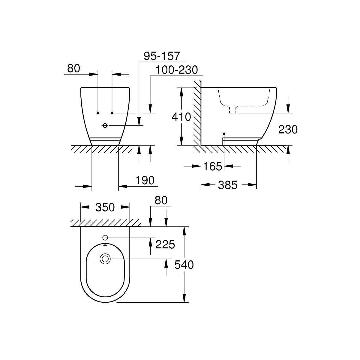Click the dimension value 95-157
pos(162,56)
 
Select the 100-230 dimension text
pos(176,70)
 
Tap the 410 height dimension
pos(181,117)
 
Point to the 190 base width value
pos(145,180)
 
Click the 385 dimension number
pos(227,185)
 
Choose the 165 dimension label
pos(213,166)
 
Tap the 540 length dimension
pos(184,265)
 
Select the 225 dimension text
pos(165,244)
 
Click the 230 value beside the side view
pos(288,130)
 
